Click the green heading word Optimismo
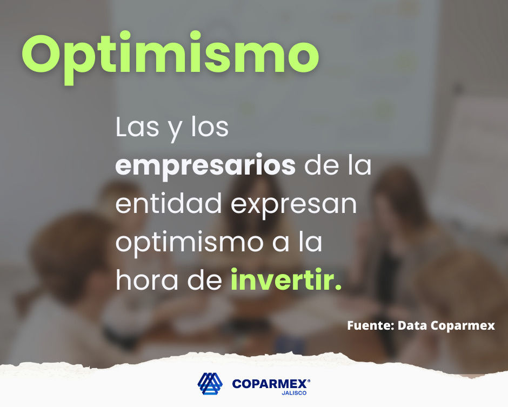point(170,57)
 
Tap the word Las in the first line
point(137,127)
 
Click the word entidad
point(169,203)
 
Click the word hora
point(147,279)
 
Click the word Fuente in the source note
point(370,325)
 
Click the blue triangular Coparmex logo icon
point(210,384)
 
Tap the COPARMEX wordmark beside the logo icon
point(270,384)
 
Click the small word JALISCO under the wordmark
point(294,393)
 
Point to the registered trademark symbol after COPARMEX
point(309,381)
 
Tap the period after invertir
point(338,286)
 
